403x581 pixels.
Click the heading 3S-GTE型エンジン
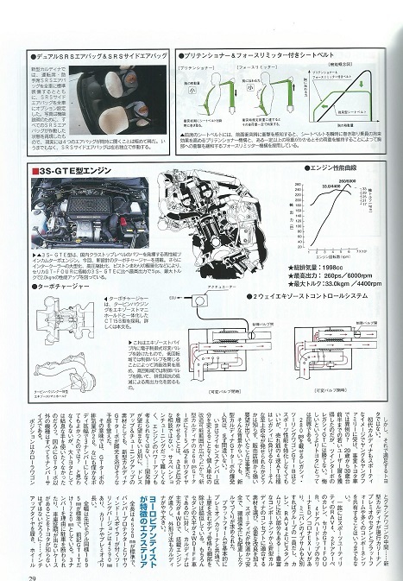(73, 173)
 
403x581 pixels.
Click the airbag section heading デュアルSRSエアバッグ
(86, 54)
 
